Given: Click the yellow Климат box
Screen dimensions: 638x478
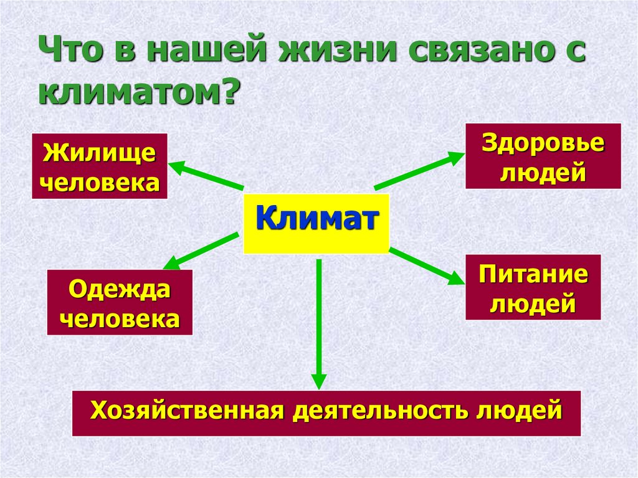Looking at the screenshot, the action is [x=316, y=223].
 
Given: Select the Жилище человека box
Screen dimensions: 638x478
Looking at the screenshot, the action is [x=100, y=166].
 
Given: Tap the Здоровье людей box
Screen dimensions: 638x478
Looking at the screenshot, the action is [x=543, y=156].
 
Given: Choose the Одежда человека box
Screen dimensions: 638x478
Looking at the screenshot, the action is [x=120, y=303].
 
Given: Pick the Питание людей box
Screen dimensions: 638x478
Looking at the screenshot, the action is [x=533, y=287].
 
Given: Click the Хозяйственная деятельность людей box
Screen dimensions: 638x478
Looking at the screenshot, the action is [x=326, y=413].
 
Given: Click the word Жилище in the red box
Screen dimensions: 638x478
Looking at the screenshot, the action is [x=100, y=153].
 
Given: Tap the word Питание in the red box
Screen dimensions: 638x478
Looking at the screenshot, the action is [x=533, y=274].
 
